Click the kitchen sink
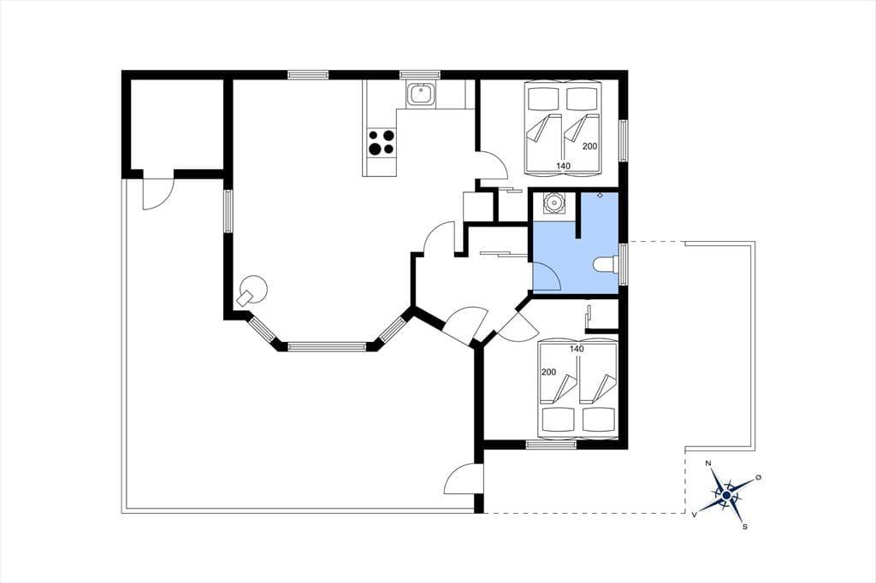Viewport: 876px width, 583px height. click(x=420, y=94)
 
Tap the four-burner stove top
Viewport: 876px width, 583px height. click(x=382, y=142)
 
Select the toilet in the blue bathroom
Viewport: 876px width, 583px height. click(x=605, y=263)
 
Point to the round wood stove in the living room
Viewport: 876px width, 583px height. click(x=253, y=290)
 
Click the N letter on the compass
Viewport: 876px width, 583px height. click(x=708, y=463)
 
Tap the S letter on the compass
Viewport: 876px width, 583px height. click(x=745, y=527)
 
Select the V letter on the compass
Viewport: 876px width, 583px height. click(x=695, y=515)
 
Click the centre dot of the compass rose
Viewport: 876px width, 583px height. click(x=725, y=495)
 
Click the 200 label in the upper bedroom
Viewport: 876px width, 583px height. click(x=590, y=146)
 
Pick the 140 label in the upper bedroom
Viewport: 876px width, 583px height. click(x=563, y=166)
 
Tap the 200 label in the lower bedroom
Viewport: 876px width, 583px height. click(x=548, y=372)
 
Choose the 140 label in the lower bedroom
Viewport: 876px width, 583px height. click(x=577, y=349)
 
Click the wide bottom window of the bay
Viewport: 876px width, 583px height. click(x=327, y=347)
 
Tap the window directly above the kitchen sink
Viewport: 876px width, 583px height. click(x=419, y=75)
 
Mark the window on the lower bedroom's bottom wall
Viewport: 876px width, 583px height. click(x=550, y=445)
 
